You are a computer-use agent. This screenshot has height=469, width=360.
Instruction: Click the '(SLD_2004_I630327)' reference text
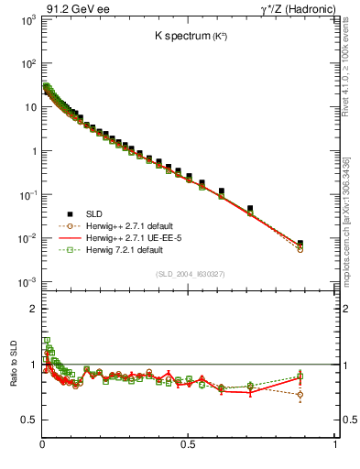coord(190,273)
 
